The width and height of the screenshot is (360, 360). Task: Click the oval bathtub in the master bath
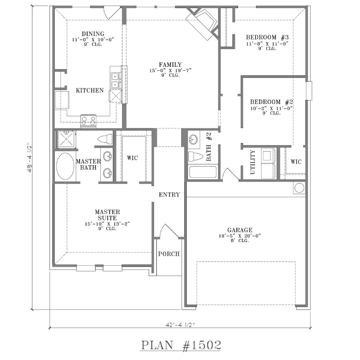tap(65, 166)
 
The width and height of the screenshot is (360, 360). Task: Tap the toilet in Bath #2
tap(195, 156)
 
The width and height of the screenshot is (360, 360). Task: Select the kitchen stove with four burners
tap(88, 121)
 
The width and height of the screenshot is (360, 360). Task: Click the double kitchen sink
tap(115, 80)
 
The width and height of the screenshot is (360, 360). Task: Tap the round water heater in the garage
tap(299, 188)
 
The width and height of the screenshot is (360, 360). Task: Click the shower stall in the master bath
tap(66, 139)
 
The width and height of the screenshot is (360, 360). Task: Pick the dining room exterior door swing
tap(112, 13)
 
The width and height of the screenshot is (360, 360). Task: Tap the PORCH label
tap(169, 254)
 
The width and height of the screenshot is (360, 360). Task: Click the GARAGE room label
tap(240, 230)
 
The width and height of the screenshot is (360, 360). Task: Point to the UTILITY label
tap(252, 162)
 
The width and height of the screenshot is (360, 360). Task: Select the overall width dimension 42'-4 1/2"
tap(180, 325)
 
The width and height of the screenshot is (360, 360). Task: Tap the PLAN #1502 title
tap(181, 345)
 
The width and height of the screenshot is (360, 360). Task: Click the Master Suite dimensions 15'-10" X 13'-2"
tap(107, 224)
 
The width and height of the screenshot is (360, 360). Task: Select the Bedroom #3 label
tap(267, 37)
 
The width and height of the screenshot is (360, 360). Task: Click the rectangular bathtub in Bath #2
tap(202, 172)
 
